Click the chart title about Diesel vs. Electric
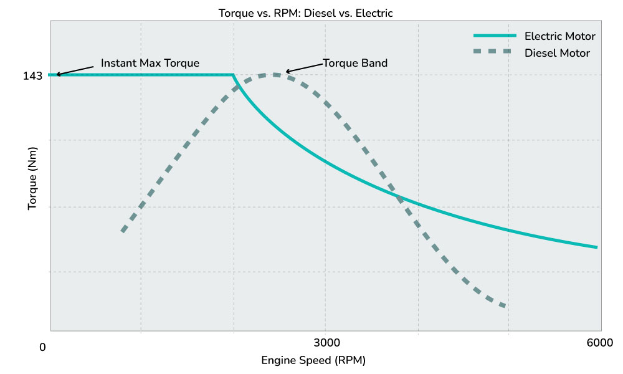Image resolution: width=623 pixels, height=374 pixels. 305,12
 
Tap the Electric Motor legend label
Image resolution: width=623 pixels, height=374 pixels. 559,36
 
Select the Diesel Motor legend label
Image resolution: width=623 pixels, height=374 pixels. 557,53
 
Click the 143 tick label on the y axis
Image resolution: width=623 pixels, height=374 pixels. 32,76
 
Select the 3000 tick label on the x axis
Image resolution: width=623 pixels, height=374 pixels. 326,343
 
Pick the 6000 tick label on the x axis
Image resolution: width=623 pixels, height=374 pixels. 601,343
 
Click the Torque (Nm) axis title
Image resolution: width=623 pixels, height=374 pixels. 32,178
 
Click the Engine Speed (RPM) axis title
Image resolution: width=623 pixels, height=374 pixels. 313,360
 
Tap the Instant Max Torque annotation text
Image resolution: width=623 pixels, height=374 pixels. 150,64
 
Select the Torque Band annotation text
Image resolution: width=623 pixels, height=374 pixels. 355,63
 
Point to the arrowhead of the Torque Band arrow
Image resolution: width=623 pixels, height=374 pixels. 287,72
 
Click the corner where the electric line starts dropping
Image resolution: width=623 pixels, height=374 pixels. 234,75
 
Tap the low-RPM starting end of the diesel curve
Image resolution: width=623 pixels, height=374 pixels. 123,231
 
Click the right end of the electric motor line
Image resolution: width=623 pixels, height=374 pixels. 597,247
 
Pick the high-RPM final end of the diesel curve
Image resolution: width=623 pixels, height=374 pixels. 504,305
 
